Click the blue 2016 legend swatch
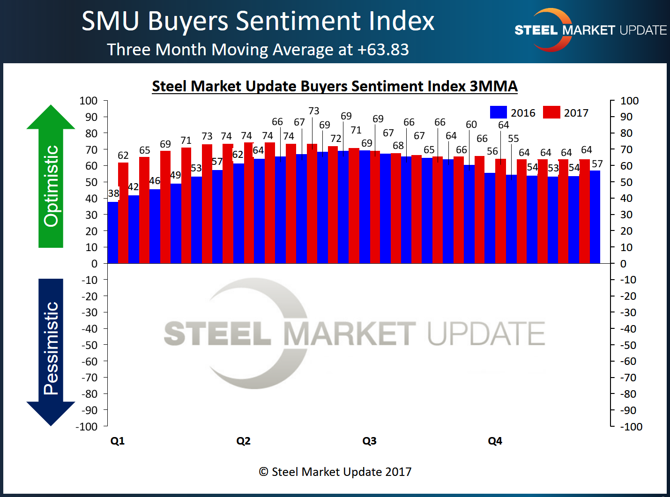[498, 112]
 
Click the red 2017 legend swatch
[551, 112]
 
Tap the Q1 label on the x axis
[118, 441]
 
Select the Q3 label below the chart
[369, 441]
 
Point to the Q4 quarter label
[495, 441]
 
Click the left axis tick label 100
[89, 101]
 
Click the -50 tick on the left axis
[89, 345]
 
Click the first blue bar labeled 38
[112, 232]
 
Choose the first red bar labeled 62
[123, 213]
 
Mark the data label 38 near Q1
[113, 193]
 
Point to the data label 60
[471, 125]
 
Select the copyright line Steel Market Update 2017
[335, 472]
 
